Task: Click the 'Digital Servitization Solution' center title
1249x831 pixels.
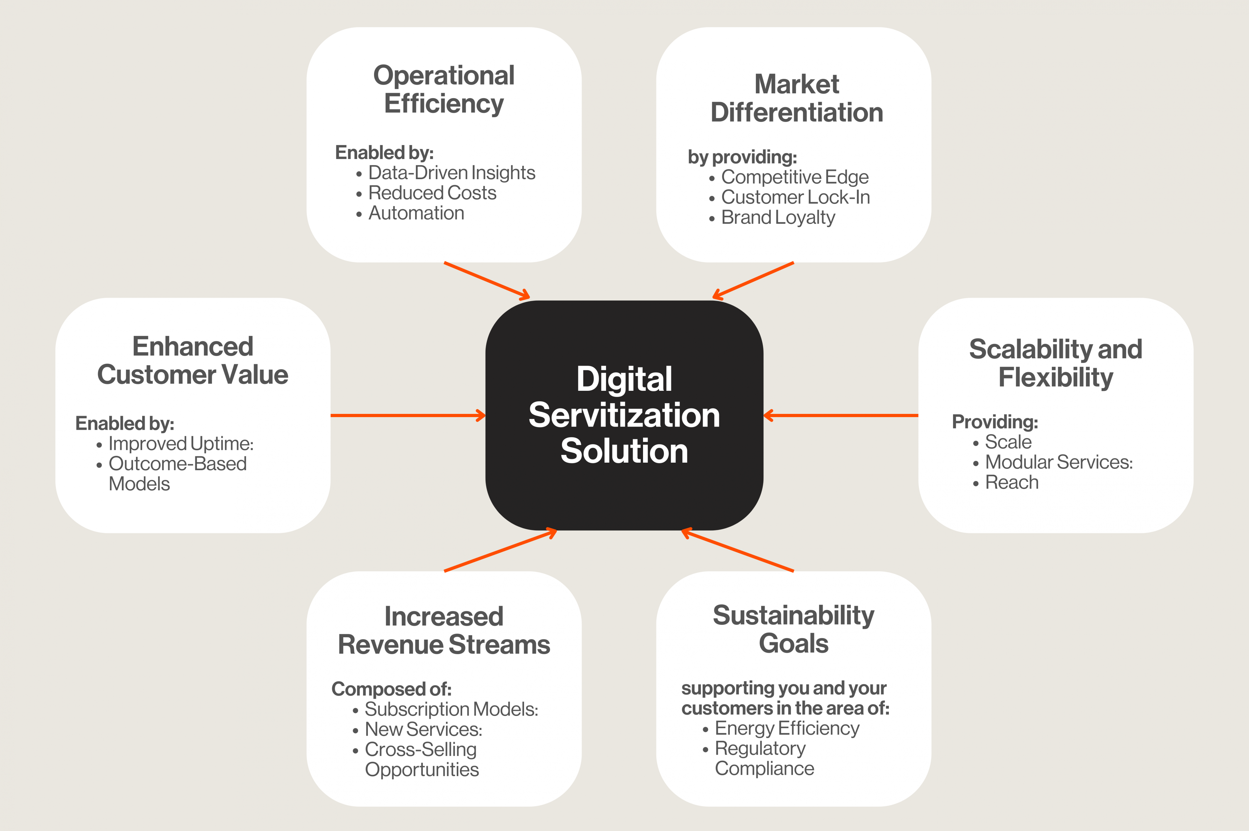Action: point(624,415)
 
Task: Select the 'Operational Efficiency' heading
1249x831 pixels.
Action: point(444,89)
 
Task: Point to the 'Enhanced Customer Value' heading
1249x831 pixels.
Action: point(193,360)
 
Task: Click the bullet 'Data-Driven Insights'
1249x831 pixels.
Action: point(451,173)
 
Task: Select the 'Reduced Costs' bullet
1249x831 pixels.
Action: point(432,193)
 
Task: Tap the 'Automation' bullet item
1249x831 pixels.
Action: point(416,213)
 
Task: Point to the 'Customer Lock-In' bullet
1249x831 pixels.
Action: point(795,197)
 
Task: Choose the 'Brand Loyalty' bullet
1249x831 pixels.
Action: point(778,217)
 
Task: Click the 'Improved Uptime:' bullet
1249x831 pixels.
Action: point(181,443)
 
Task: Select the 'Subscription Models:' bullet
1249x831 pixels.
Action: point(451,709)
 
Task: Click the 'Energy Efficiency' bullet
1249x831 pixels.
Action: point(787,728)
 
